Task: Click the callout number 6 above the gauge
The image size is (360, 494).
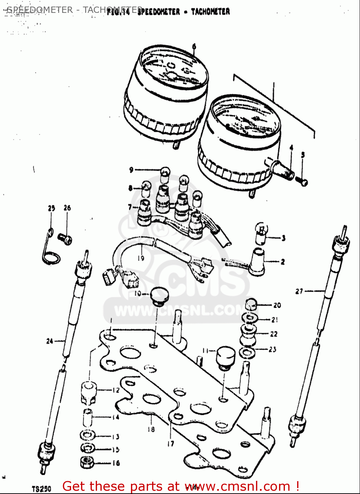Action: [x=194, y=47]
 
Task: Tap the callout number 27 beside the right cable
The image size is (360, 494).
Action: [x=299, y=291]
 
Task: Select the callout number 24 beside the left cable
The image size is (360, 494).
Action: [x=50, y=341]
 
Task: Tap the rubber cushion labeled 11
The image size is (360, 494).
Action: [x=225, y=357]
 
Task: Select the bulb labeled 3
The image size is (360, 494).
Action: [x=262, y=233]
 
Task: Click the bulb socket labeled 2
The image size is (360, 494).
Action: [x=257, y=262]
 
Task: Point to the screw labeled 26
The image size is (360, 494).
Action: [x=65, y=239]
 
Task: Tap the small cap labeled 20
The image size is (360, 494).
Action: [x=251, y=305]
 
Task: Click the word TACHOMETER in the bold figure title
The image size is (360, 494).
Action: [x=211, y=12]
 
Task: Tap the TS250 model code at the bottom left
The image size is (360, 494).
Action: [x=41, y=488]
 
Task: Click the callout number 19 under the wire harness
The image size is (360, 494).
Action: [x=141, y=258]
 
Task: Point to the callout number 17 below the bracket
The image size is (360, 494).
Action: [x=170, y=444]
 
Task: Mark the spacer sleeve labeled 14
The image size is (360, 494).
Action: [x=87, y=417]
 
